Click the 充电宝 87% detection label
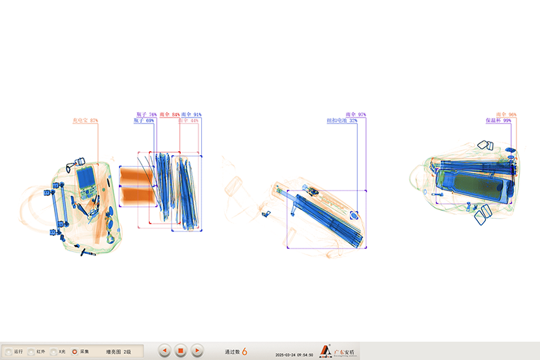(85, 121)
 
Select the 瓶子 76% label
(146, 115)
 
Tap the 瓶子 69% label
(144, 121)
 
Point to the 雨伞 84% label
(169, 115)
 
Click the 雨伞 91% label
(191, 115)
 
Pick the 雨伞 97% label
(355, 115)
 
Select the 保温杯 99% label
(497, 121)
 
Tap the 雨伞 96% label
(506, 115)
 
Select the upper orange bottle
(137, 177)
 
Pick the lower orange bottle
(137, 197)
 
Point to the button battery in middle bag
(354, 216)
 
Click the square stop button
(180, 351)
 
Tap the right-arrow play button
(196, 351)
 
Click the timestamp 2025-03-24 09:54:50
(294, 355)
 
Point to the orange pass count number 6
(244, 351)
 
